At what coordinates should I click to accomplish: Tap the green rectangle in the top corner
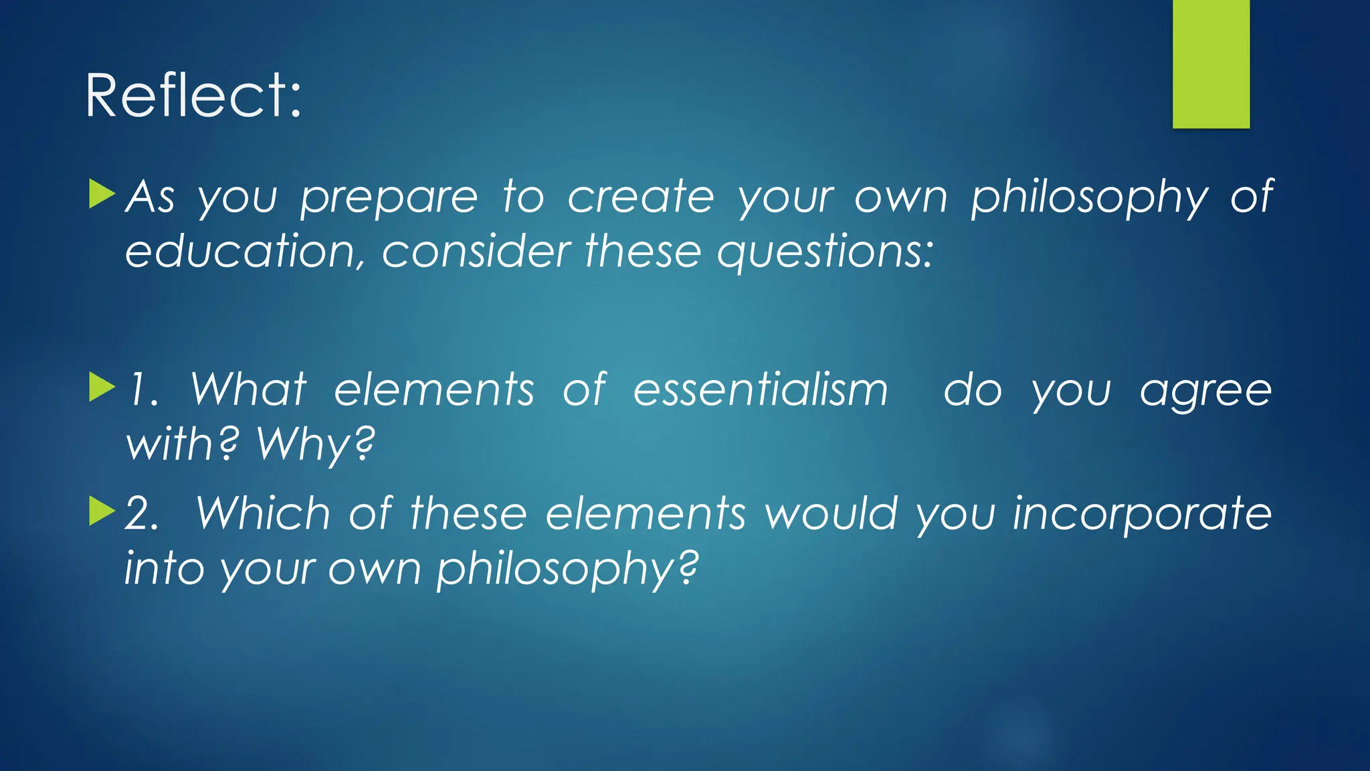(1211, 64)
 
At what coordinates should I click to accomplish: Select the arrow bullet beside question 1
(102, 388)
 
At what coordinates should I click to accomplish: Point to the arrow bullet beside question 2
(102, 511)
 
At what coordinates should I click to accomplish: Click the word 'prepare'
(389, 199)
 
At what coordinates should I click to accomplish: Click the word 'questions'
(824, 253)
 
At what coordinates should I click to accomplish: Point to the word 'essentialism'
(761, 390)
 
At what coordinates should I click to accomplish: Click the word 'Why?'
(316, 444)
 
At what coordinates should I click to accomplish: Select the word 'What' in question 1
(248, 390)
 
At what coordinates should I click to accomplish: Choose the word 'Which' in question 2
(263, 513)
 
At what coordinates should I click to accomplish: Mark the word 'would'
(831, 513)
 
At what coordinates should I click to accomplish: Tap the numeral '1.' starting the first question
(143, 390)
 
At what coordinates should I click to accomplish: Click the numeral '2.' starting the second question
(142, 514)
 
